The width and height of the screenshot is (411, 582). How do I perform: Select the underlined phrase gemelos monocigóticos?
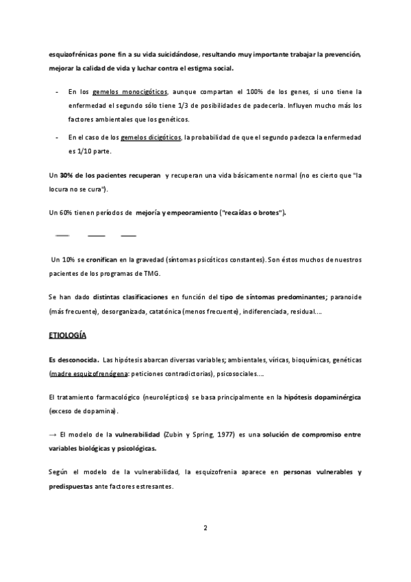coord(130,91)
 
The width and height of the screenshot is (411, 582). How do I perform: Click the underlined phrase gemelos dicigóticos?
coord(151,137)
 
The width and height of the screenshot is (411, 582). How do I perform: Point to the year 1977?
coord(220,435)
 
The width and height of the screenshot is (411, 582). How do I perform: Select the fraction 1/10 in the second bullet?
coord(79,151)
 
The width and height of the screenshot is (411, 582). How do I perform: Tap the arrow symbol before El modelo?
coord(53,435)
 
